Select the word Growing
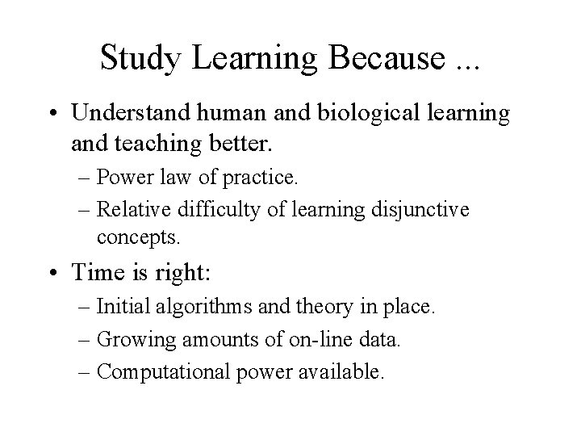coord(132,340)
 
